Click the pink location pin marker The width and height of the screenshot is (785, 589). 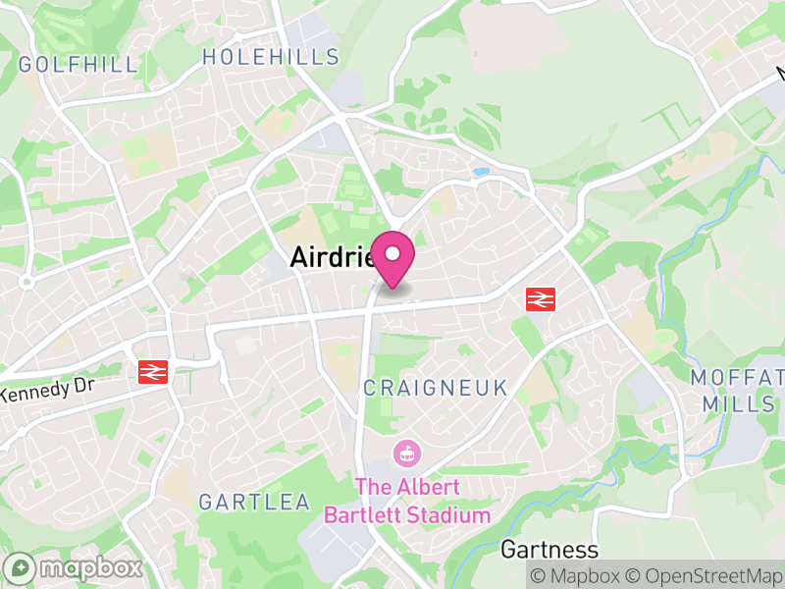(x=392, y=258)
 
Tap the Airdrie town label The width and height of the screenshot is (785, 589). (x=332, y=256)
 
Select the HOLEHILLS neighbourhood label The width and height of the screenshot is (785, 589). (x=271, y=57)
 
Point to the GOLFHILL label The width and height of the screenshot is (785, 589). (x=78, y=65)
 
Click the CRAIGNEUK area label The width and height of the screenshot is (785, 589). (x=436, y=388)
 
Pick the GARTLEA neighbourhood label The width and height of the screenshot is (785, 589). (x=254, y=502)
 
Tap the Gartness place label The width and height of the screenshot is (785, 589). (x=549, y=549)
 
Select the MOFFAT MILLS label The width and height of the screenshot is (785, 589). (x=738, y=391)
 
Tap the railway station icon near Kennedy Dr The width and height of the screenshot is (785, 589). (x=153, y=371)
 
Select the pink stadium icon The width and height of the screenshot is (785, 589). (x=405, y=455)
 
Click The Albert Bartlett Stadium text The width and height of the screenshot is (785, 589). (x=407, y=501)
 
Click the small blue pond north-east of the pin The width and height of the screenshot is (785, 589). (x=480, y=172)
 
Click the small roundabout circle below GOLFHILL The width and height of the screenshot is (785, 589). (x=26, y=282)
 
